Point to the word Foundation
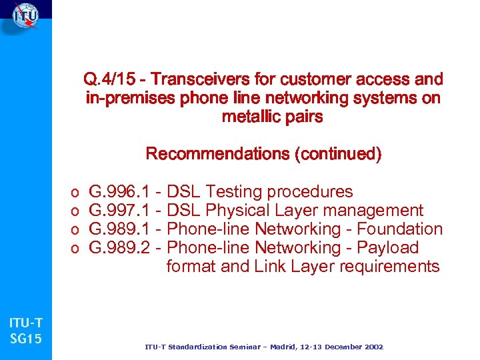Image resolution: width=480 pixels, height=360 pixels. point(400,229)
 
